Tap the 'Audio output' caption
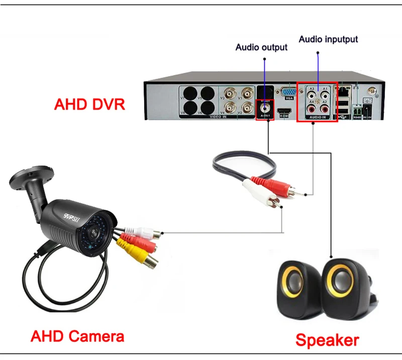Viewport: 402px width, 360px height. point(261,47)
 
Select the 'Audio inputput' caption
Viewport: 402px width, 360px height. point(328,39)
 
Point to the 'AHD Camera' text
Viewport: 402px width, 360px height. point(77,335)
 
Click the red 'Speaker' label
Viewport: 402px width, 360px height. point(327,340)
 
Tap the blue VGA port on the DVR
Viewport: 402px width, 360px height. point(287,93)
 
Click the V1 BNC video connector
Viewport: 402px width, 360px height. point(247,93)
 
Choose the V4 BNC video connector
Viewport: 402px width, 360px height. point(231,107)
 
